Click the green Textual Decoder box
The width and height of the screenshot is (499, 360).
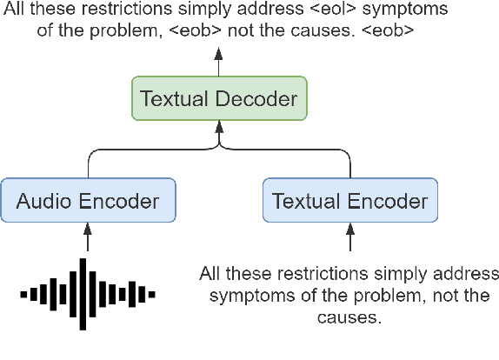tap(220, 99)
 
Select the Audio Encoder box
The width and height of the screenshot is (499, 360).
tap(87, 202)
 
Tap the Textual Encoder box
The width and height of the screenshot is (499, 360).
tap(349, 202)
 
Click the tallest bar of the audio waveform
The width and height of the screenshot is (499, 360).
tap(83, 294)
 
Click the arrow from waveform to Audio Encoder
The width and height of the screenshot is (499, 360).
tap(87, 237)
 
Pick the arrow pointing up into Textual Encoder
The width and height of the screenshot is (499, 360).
tap(349, 237)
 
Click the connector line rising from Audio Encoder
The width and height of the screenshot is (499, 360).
tap(87, 165)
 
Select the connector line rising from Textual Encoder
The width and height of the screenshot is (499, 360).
tap(349, 165)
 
